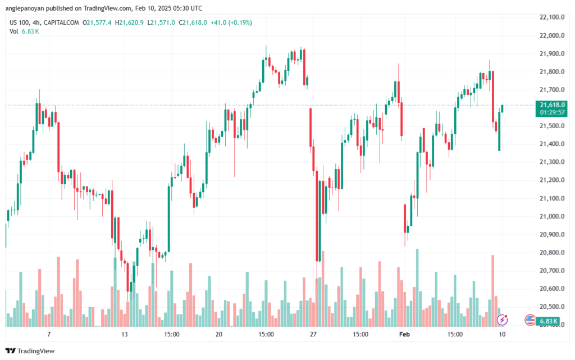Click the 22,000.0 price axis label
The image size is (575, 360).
coord(552,35)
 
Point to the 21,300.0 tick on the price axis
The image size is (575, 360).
coord(552,162)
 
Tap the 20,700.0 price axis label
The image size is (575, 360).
coord(552,271)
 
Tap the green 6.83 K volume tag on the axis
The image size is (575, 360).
coord(548,321)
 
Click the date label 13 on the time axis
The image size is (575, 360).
coord(124,334)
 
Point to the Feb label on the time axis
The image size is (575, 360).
coord(404,334)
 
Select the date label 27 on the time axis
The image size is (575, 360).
coord(313,334)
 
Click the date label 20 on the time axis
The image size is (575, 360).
coord(219,334)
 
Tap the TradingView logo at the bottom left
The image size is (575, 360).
coord(30,351)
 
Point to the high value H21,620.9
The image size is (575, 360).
coord(129,22)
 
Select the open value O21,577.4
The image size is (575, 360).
coord(97,22)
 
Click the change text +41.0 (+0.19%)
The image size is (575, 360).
coord(231,22)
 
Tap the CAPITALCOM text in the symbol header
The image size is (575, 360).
coord(61,22)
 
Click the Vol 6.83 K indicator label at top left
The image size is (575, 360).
coord(24,31)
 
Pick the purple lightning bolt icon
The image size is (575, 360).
coord(502,320)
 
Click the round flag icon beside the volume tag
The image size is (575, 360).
coord(530,320)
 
